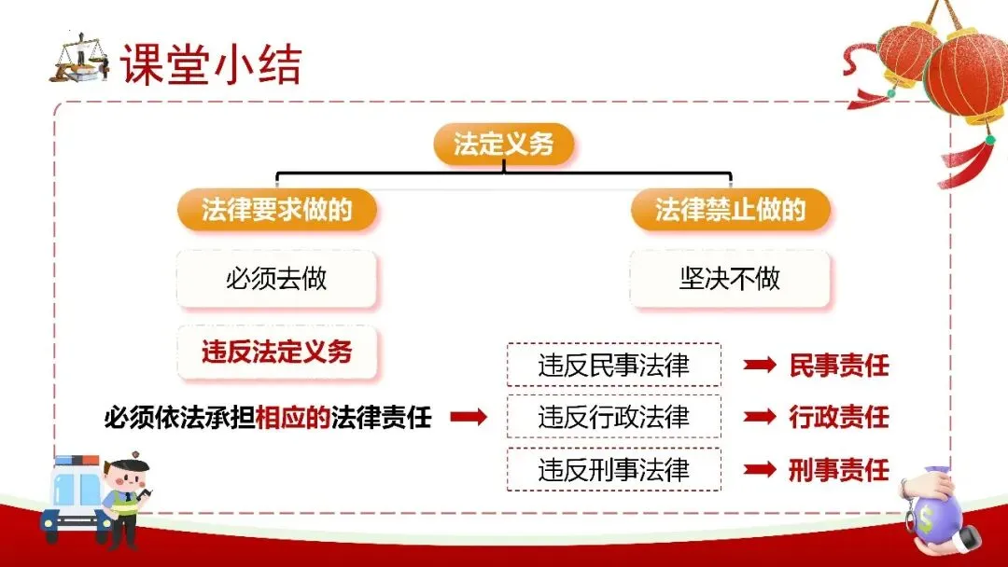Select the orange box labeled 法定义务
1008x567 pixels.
pyautogui.click(x=504, y=144)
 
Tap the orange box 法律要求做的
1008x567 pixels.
pyautogui.click(x=277, y=210)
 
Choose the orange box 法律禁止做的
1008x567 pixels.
pyautogui.click(x=730, y=210)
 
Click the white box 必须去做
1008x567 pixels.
pyautogui.click(x=277, y=278)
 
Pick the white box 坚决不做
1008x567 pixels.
pyautogui.click(x=730, y=278)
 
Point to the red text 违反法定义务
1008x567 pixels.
pyautogui.click(x=277, y=352)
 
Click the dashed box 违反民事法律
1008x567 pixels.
pyautogui.click(x=613, y=365)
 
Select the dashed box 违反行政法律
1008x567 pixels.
pyautogui.click(x=613, y=417)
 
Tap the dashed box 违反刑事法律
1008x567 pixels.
pyautogui.click(x=613, y=470)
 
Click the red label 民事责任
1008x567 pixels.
pyautogui.click(x=839, y=366)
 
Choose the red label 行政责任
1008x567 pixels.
pyautogui.click(x=839, y=417)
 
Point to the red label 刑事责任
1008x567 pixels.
pyautogui.click(x=839, y=470)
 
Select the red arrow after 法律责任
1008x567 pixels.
pyautogui.click(x=469, y=418)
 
